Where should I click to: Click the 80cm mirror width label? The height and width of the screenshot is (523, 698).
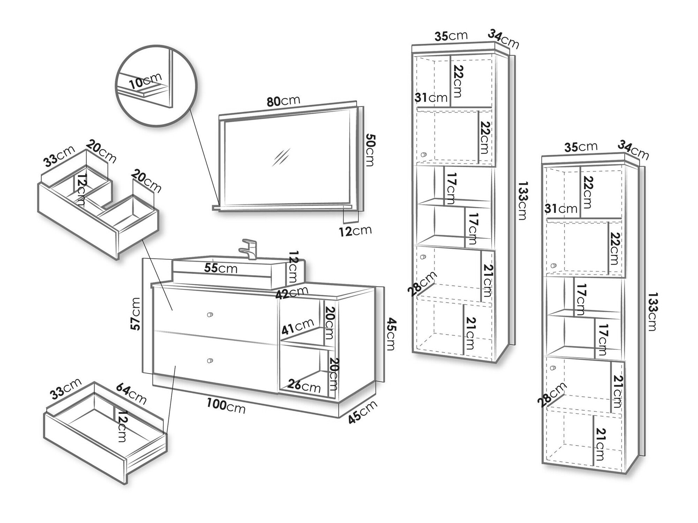click(283, 101)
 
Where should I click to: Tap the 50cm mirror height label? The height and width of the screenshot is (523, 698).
click(371, 150)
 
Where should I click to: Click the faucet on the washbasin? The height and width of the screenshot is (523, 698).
click(248, 249)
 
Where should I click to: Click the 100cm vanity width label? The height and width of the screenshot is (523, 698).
click(226, 405)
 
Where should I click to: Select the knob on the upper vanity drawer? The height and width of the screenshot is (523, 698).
click(209, 315)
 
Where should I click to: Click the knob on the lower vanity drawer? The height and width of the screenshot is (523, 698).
click(209, 360)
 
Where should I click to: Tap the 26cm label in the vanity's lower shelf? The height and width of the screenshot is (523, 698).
click(304, 386)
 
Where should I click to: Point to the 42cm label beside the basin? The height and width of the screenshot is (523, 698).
click(292, 292)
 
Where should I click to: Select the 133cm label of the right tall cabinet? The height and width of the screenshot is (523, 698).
click(652, 312)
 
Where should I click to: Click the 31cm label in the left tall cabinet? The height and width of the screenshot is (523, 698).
click(431, 97)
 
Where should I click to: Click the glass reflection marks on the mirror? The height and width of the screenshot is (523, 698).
click(281, 157)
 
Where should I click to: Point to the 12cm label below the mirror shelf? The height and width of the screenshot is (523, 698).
click(356, 231)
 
